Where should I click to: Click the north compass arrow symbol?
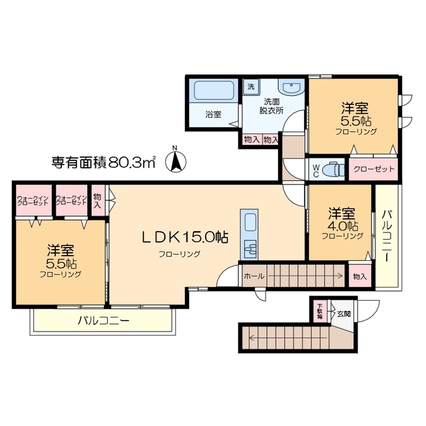(175, 160)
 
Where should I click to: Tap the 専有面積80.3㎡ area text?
(104, 161)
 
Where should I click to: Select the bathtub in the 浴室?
(213, 91)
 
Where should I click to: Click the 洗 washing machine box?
(250, 87)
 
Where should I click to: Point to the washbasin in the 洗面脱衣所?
(290, 88)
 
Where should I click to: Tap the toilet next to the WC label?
(331, 170)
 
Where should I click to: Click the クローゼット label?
(373, 169)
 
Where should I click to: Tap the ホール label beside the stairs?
(254, 276)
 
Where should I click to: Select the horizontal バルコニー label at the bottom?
(103, 321)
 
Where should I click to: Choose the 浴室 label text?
(213, 114)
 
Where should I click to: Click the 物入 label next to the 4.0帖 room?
(359, 276)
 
